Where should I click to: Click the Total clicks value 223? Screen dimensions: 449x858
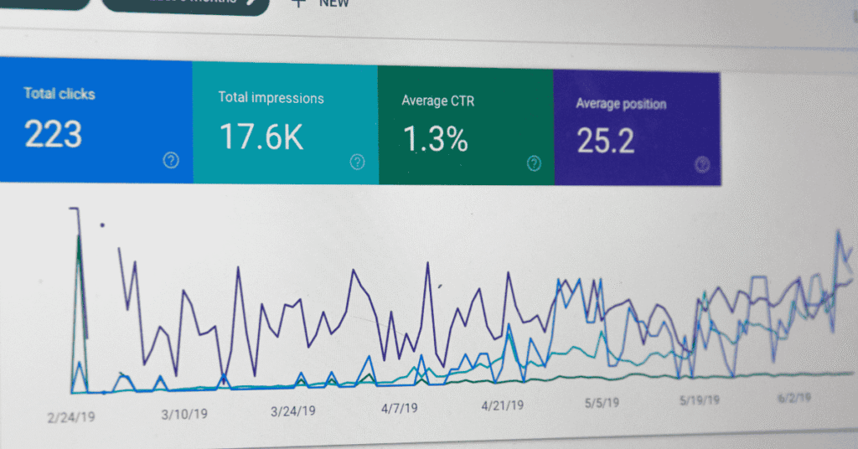[x=53, y=133]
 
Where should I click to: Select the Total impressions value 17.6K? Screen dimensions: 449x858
[x=261, y=137]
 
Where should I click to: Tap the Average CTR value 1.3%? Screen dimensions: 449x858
[x=434, y=139]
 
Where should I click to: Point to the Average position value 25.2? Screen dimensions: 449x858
[x=605, y=142]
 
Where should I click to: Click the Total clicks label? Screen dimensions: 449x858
[x=59, y=93]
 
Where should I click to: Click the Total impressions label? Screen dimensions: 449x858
[x=271, y=98]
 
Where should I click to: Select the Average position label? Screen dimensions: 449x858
[x=621, y=105]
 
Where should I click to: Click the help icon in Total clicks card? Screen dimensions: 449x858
[x=171, y=160]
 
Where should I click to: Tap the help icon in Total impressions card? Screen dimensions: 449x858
[x=358, y=162]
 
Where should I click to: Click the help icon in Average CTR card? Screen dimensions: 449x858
[x=534, y=163]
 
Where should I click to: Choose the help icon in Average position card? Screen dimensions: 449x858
[x=702, y=165]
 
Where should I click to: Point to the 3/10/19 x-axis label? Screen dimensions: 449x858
[x=183, y=412]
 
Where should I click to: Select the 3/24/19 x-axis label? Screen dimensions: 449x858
[x=293, y=410]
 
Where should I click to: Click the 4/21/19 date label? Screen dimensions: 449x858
[x=503, y=405]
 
